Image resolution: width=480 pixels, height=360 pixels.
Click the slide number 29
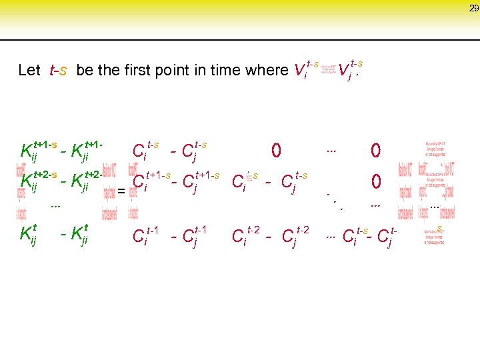pyautogui.click(x=473, y=8)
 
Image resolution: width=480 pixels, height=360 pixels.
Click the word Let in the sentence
pyautogui.click(x=30, y=71)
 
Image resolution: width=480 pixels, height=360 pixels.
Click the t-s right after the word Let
pyautogui.click(x=58, y=71)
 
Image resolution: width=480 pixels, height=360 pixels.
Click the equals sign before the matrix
pyautogui.click(x=121, y=192)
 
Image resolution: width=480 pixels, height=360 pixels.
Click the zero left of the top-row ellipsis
pyautogui.click(x=275, y=151)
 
